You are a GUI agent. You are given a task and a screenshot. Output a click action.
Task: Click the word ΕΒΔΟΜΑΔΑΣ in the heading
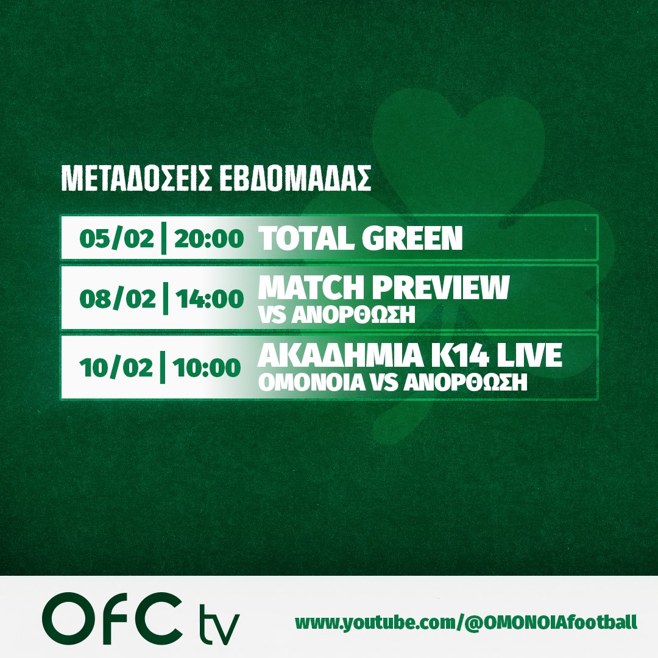[x=295, y=179]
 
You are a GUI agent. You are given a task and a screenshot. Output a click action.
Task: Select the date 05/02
[x=116, y=239]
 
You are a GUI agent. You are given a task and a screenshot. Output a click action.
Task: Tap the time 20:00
[x=209, y=239]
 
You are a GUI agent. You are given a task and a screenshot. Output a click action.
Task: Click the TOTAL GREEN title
[x=361, y=238]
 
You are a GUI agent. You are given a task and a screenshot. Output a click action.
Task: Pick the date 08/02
[x=118, y=299]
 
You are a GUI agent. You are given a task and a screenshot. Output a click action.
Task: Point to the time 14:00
[x=210, y=299]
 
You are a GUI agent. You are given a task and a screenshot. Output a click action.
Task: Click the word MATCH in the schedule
[x=311, y=288]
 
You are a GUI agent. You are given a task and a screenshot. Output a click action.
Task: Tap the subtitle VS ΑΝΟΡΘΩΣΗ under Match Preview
[x=337, y=315]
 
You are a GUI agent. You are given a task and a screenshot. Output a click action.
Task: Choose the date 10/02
[x=116, y=368]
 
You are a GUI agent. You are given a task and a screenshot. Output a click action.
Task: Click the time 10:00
[x=207, y=368]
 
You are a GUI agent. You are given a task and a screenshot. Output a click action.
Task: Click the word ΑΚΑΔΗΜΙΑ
[x=341, y=356]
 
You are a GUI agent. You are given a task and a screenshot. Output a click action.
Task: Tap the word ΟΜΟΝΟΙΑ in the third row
[x=311, y=382]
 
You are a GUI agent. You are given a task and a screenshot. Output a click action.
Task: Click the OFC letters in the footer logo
[x=110, y=619]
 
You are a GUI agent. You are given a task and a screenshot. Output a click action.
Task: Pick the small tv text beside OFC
[x=219, y=624]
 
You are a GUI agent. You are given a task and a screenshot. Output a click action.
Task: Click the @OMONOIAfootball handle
[x=550, y=622]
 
